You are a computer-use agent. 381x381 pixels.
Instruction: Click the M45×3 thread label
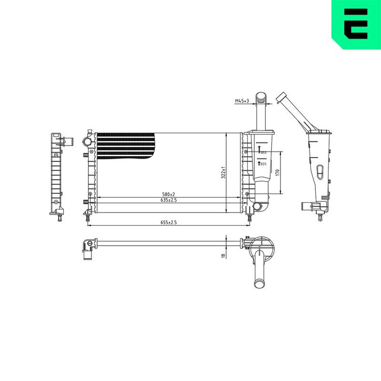[x=242, y=101]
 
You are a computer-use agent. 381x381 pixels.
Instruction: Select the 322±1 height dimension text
[x=223, y=173]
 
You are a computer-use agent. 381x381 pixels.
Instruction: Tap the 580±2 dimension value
[x=169, y=194]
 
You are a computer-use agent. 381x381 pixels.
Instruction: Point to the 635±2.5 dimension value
[x=169, y=200]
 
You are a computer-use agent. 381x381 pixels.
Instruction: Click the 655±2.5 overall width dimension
[x=169, y=222]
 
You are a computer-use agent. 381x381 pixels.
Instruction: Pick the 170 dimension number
[x=278, y=172]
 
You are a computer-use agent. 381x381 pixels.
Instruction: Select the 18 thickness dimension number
[x=223, y=256]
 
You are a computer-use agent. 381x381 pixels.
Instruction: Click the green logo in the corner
[x=356, y=24]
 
